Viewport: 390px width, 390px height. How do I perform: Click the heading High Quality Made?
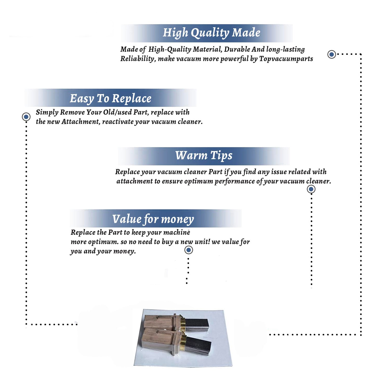211,33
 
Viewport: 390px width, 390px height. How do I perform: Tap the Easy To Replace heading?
110,99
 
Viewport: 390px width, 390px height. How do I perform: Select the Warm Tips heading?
204,156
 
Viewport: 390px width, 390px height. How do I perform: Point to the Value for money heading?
153,219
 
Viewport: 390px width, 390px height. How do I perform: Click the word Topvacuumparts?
286,59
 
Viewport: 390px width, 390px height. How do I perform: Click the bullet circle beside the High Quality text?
331,54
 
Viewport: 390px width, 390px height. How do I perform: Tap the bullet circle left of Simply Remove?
26,117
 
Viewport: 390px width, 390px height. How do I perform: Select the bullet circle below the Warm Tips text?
311,189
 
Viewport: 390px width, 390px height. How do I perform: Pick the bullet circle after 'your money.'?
188,250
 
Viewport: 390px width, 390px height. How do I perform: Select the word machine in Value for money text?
178,232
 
